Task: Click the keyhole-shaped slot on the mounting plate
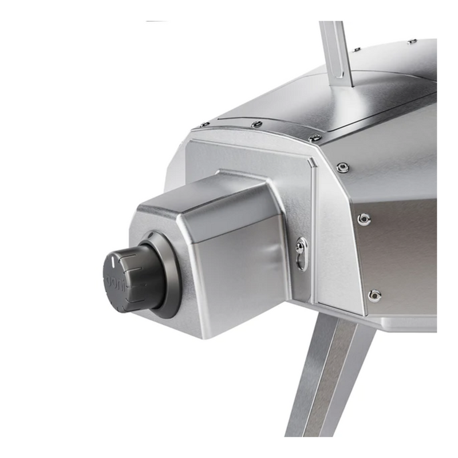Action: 301,253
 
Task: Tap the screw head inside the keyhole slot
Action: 301,248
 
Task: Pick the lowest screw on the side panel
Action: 374,295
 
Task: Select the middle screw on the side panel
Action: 363,219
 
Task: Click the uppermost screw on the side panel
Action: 342,167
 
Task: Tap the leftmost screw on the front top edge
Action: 203,125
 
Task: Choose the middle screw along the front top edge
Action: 256,124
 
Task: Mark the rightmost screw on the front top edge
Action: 314,138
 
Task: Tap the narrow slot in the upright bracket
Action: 337,49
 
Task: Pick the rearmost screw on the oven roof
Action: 412,41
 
